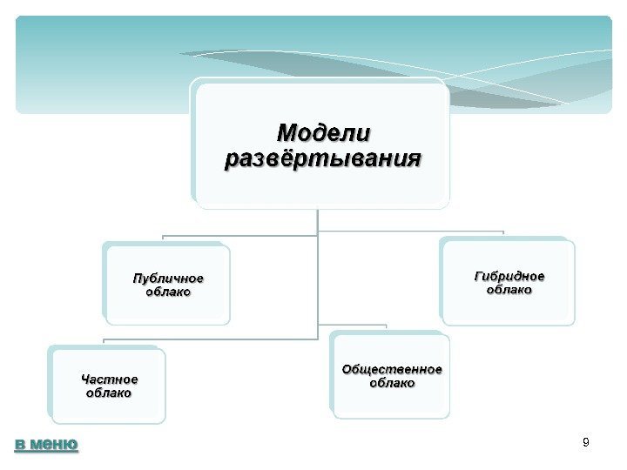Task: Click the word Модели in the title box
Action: coord(322,133)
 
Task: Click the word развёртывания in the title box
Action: coord(322,160)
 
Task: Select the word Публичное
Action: coord(167,279)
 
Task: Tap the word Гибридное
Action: coord(509,276)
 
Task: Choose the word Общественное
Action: coord(391,369)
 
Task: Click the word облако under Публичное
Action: coord(167,292)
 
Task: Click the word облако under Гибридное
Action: coord(509,290)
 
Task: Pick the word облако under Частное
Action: coord(109,393)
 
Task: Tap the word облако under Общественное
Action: coord(391,383)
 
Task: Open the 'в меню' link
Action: coord(46,445)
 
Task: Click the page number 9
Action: coord(585,444)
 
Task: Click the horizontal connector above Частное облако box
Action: coord(209,339)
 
